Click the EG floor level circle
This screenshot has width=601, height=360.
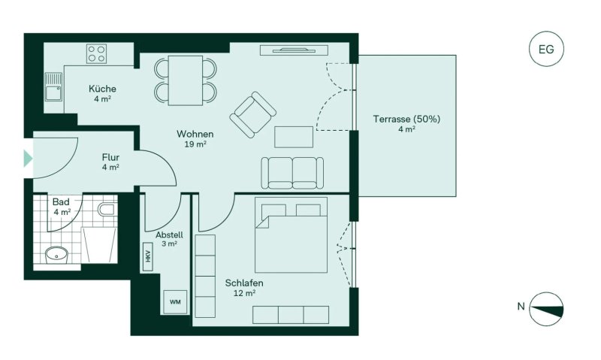[x=546, y=49]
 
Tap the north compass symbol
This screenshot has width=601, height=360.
[x=546, y=309]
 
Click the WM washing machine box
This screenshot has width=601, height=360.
[x=175, y=301]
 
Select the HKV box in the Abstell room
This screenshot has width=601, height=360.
[x=147, y=257]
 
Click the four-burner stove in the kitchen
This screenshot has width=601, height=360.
[x=97, y=53]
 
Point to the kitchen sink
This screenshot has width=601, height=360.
[x=53, y=87]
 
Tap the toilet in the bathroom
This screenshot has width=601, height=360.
[x=107, y=210]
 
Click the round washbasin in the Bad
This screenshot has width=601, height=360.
[x=57, y=254]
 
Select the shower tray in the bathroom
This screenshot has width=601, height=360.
[x=99, y=244]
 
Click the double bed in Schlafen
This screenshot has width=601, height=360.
[x=291, y=235]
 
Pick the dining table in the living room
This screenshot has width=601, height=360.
[x=186, y=80]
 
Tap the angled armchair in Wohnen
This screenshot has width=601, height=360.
[x=253, y=115]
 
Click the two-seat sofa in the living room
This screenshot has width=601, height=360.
[x=292, y=173]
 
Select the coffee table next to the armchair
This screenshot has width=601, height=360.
[x=294, y=137]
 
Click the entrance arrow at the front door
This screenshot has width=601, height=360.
[x=28, y=159]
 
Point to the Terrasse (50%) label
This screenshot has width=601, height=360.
[x=406, y=119]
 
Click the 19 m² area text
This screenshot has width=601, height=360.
[x=195, y=144]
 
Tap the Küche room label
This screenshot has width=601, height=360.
[x=102, y=89]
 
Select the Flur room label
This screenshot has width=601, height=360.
[x=110, y=157]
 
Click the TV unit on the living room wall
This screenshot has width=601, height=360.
[x=294, y=50]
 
